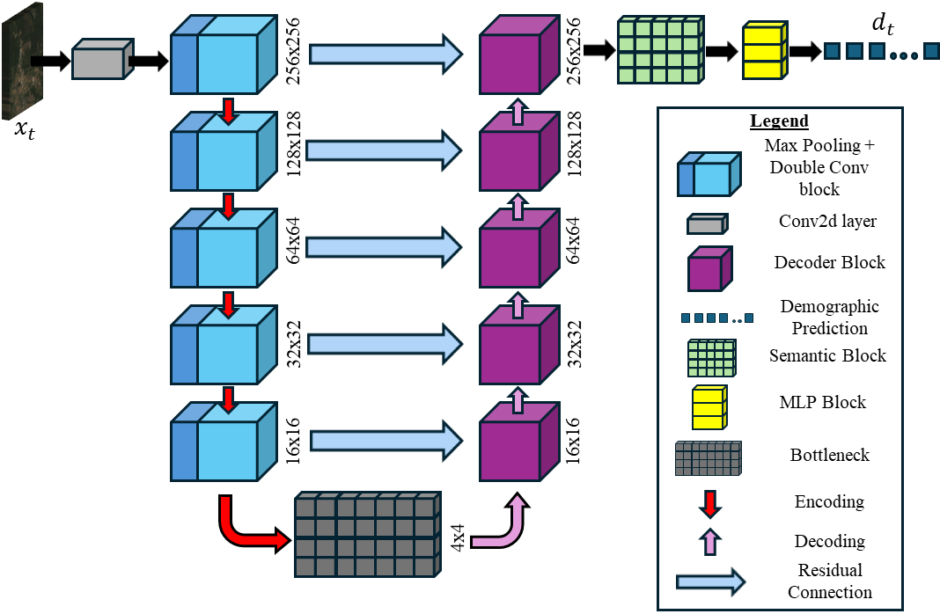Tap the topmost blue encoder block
tap(224, 55)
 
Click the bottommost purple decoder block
tap(518, 442)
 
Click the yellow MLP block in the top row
tap(763, 51)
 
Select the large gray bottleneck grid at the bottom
tap(366, 535)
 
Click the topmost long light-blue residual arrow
tap(386, 55)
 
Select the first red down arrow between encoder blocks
tap(228, 111)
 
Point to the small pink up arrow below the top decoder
tap(518, 112)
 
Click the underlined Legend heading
tap(779, 121)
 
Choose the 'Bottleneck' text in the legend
tap(829, 455)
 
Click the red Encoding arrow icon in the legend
tap(709, 502)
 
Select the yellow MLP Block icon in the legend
tap(709, 407)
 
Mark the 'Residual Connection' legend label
tap(829, 581)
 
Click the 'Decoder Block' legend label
tap(829, 262)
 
